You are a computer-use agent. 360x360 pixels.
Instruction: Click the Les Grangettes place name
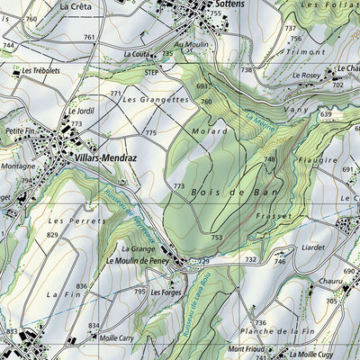[156, 100]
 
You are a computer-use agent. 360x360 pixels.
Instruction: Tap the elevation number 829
[54, 235]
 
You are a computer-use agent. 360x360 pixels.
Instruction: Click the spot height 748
[269, 159]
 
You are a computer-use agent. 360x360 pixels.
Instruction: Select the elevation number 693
[202, 85]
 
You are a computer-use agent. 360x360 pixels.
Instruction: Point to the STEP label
[152, 71]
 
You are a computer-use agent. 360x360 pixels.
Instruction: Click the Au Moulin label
[191, 44]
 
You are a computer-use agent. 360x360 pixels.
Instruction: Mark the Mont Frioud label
[247, 349]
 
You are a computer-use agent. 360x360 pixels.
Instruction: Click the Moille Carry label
[117, 338]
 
